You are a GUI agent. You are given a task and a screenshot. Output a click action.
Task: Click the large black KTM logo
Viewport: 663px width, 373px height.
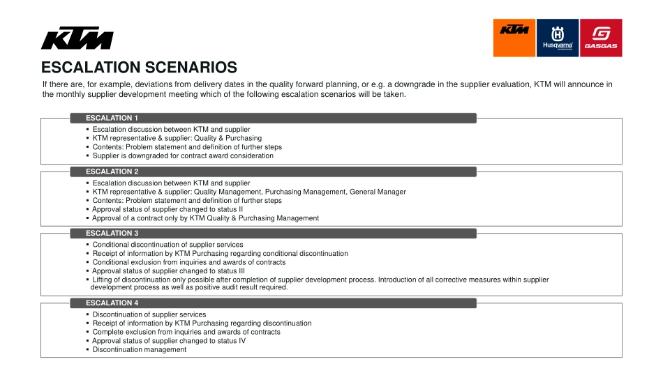point(77,38)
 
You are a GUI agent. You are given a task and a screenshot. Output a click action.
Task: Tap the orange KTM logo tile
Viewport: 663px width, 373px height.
point(514,38)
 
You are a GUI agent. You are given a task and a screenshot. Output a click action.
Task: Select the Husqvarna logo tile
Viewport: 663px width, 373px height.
point(558,38)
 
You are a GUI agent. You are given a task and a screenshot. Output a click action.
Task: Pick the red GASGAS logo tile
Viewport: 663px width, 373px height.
point(601,38)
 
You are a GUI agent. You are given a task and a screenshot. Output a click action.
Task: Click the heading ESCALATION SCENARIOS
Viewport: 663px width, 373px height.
point(139,68)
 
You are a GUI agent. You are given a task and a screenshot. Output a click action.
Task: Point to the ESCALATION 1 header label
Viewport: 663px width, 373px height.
point(112,118)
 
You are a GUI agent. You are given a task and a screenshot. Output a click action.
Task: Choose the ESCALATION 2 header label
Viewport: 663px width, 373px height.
point(112,172)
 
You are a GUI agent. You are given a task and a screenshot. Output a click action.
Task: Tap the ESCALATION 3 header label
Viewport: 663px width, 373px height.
point(112,234)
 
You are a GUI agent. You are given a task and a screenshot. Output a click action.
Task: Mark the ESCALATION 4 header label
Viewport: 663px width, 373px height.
point(112,303)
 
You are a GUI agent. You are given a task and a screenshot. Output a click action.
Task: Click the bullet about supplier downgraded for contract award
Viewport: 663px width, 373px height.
point(183,156)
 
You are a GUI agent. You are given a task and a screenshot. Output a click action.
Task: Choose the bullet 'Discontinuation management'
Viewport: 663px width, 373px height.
point(140,350)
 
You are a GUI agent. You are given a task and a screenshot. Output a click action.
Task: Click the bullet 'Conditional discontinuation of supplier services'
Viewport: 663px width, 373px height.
point(167,245)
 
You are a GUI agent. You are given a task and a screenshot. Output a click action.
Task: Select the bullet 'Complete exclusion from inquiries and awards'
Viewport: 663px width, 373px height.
point(186,333)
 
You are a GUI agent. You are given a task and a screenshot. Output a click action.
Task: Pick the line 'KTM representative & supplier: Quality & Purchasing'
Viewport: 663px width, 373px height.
point(177,138)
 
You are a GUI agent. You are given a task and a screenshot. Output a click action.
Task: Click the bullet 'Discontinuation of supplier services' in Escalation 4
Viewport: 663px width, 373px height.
point(149,314)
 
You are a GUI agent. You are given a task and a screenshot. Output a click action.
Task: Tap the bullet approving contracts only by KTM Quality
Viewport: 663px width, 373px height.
point(206,218)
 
